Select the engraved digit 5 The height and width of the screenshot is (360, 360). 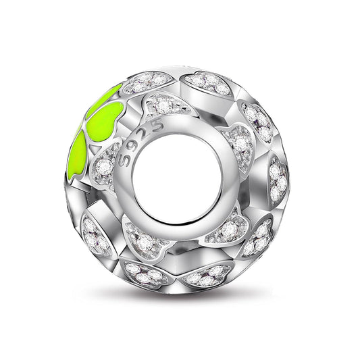point(157,126)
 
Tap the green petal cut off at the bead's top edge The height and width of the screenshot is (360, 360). point(107,96)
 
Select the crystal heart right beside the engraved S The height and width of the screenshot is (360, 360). point(105,166)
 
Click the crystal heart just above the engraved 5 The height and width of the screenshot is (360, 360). point(166,105)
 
